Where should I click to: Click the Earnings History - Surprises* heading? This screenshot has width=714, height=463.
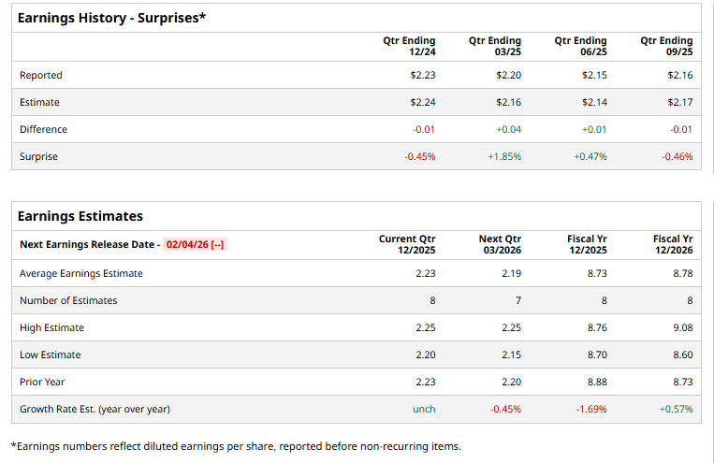[111, 18]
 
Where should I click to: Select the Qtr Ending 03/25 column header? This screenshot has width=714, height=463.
[495, 46]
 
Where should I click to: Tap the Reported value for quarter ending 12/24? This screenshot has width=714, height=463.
[423, 75]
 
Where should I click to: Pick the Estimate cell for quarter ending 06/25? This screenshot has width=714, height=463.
[594, 102]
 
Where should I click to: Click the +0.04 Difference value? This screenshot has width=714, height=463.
[508, 129]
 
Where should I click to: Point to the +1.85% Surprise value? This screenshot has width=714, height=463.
[504, 156]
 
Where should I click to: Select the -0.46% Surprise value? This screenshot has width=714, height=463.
[677, 156]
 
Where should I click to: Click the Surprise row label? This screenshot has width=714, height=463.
[38, 156]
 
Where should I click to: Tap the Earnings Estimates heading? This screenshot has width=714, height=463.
[80, 216]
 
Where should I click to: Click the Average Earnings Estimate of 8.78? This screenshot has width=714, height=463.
[682, 273]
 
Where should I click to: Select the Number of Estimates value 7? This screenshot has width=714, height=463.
[517, 300]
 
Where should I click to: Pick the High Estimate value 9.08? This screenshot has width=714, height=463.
[682, 327]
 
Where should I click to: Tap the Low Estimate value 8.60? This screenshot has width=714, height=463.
[682, 354]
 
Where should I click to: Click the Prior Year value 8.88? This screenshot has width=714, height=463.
[596, 382]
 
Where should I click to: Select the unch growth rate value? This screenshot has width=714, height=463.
[424, 409]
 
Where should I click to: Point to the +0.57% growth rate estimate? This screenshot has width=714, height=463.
[676, 409]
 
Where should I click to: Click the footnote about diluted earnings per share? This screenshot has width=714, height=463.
[236, 446]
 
